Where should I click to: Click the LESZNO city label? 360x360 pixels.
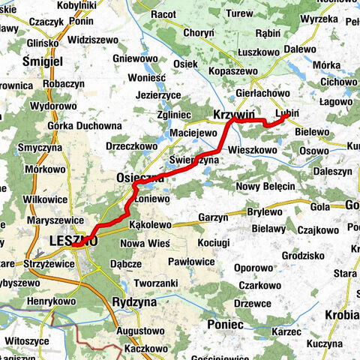(x=71, y=241)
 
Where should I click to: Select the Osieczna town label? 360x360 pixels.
(x=140, y=178)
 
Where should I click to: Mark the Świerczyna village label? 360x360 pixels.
(x=193, y=160)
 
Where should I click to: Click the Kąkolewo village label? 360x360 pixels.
(x=151, y=224)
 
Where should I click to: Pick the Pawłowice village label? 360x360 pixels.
(x=193, y=262)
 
